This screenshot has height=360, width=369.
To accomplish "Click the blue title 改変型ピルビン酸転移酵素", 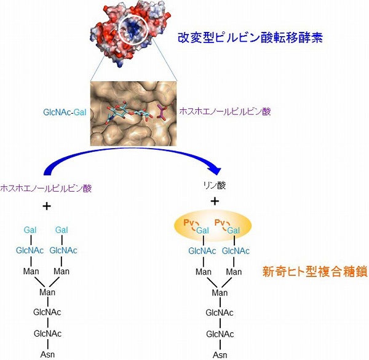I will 249,37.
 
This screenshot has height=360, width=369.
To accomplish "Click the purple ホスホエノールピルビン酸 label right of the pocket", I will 224,112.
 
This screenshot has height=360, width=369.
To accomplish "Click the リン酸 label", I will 215,184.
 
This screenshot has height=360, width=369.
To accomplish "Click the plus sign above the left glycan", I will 47,205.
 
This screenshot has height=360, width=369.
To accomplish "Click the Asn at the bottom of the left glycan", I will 47,355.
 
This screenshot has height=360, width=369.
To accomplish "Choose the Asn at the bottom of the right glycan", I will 220,355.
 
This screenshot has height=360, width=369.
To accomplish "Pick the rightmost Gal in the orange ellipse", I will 233,230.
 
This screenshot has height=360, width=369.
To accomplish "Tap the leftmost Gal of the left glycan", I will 31,230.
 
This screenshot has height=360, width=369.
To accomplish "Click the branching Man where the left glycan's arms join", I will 47,292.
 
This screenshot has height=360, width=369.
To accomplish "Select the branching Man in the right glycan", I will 220,292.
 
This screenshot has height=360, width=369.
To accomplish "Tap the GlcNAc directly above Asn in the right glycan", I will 220,334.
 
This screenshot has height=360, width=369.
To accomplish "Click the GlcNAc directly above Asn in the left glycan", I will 47,334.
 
